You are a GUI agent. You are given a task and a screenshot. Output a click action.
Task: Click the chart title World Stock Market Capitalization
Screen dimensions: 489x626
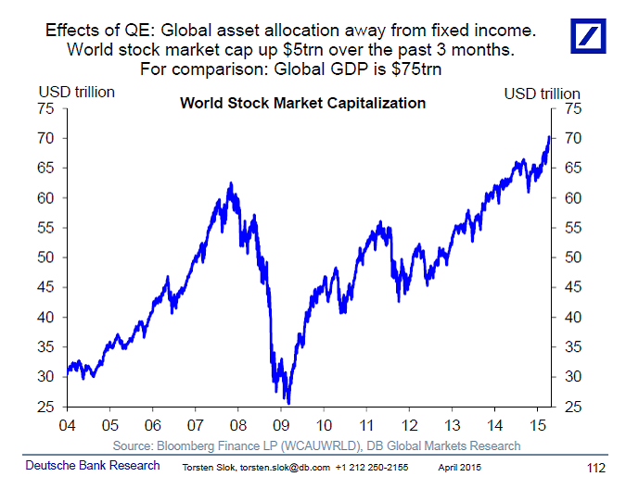302,103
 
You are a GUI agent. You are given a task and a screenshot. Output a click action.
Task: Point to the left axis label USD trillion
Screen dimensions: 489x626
76,93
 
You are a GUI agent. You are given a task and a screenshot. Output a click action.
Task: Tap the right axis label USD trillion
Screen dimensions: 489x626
543,93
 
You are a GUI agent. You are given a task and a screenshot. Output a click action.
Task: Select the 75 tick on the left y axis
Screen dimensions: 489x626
48,108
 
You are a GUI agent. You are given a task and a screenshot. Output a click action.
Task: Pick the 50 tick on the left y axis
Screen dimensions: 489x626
48,257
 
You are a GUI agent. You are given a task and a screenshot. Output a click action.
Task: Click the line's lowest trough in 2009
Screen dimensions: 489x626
288,403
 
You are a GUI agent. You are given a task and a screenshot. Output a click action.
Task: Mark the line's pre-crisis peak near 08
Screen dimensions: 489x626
230,183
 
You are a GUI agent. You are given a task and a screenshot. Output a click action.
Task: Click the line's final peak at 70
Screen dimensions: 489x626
549,137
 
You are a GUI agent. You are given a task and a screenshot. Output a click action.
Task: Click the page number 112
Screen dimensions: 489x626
599,466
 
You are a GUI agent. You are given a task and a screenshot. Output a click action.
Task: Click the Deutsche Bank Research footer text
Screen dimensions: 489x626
91,465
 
